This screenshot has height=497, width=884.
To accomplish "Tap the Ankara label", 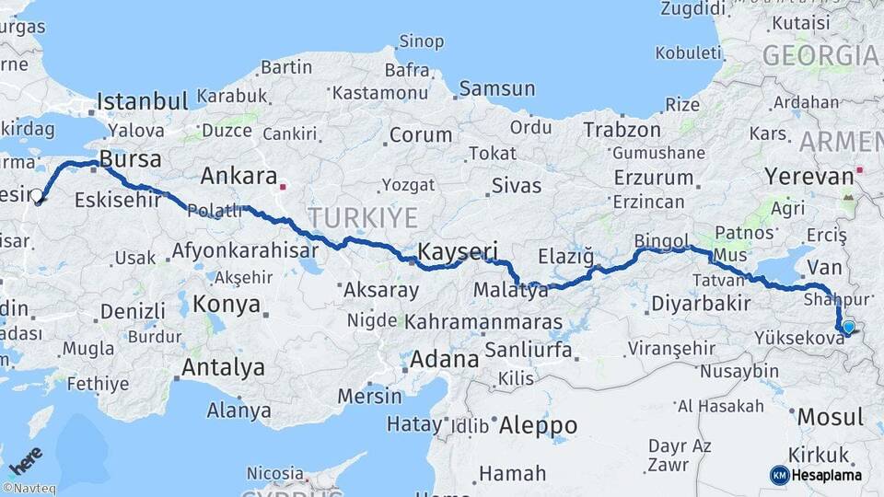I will pos(238,176).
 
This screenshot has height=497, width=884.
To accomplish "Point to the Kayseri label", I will pos(458,250).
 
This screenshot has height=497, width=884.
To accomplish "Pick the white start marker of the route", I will pos(37,195).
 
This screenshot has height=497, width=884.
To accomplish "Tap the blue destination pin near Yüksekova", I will pos(848,326).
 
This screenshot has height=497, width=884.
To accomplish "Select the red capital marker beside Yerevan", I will pos(859,169).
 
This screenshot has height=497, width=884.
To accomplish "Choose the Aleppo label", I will pos(538,425).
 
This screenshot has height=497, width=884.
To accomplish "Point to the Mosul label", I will pos(831,417).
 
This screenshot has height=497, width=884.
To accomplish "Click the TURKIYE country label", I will pos(362,218).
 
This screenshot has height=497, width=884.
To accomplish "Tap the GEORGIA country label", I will pos(819,55).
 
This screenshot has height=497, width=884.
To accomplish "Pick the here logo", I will pos(25,457).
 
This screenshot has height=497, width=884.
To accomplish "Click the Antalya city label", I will pos(223,367).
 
